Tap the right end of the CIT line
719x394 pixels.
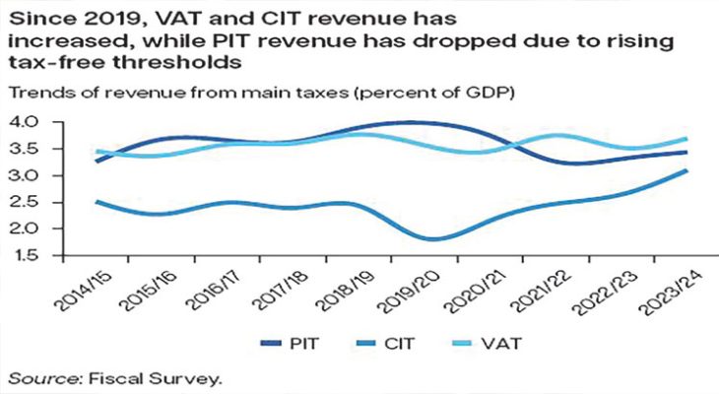[x=686, y=171]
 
